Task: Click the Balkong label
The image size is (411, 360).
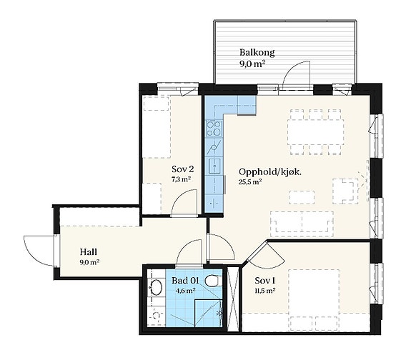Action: click(x=257, y=53)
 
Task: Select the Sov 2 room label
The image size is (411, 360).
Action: click(x=183, y=169)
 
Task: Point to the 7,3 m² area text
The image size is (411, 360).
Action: click(x=181, y=180)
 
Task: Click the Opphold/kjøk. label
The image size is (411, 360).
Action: click(x=270, y=172)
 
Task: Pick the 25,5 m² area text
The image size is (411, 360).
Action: click(x=250, y=182)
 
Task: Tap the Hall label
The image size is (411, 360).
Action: click(x=89, y=252)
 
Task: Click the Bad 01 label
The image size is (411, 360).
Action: click(x=185, y=281)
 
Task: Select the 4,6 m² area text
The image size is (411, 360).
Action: click(x=187, y=291)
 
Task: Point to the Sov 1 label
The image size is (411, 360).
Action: click(x=264, y=281)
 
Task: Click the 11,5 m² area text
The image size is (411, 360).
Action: click(x=264, y=290)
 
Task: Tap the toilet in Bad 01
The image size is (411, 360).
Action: click(x=212, y=280)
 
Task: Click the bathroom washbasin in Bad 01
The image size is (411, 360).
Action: click(x=156, y=287)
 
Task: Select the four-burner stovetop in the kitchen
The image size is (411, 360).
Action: click(x=214, y=129)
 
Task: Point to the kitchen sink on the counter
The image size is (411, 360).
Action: click(x=214, y=166)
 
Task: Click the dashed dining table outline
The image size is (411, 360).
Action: click(x=316, y=132)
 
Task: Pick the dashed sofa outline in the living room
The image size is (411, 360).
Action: click(x=302, y=221)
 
